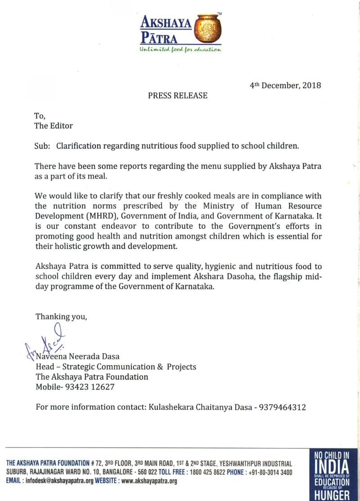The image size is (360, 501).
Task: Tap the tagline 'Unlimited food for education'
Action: (180, 50)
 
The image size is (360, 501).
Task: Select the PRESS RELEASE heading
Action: (178, 95)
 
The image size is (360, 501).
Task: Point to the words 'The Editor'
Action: (54, 125)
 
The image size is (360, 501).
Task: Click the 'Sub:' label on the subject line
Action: (43, 146)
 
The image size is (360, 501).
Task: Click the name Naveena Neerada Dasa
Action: (77, 356)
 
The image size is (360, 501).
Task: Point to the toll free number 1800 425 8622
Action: (203, 472)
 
